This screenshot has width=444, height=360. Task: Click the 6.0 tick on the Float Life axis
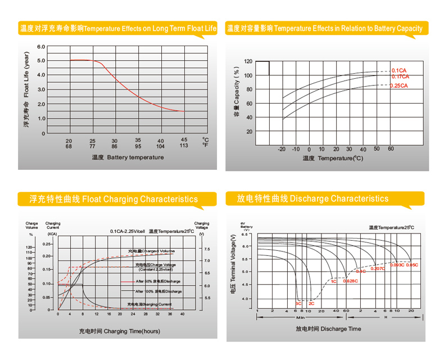[41, 47]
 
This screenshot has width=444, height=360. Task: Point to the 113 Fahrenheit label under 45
[184, 146]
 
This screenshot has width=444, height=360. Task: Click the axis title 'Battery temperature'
[128, 157]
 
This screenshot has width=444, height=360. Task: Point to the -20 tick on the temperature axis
[282, 149]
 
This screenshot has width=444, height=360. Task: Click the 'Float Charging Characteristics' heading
[114, 199]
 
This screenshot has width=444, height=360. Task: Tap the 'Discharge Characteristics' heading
[312, 199]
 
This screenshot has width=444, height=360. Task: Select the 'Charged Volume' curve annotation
[151, 251]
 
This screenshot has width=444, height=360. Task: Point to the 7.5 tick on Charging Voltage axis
[207, 249]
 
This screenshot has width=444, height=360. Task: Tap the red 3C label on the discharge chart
[298, 303]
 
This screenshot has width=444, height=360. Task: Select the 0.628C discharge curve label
[350, 281]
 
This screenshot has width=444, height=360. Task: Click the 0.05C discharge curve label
[411, 264]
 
